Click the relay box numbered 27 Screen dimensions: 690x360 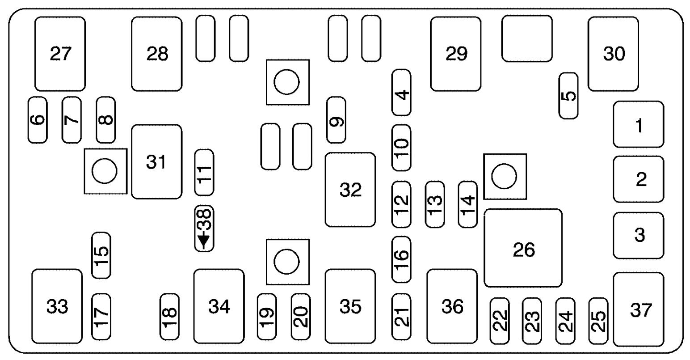(x=60, y=54)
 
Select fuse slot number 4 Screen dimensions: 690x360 (x=401, y=93)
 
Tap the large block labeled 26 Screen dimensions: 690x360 (x=523, y=248)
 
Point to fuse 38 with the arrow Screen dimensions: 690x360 (x=204, y=229)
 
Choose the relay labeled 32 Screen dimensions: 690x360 (x=350, y=190)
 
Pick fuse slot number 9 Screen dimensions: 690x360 (x=336, y=120)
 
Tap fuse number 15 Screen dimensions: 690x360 (x=101, y=255)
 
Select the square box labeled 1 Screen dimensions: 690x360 (x=639, y=124)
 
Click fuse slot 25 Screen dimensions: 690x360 (x=598, y=321)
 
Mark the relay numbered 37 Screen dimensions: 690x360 (x=639, y=309)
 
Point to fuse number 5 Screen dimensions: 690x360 (x=568, y=96)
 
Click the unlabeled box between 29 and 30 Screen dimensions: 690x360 (x=527, y=38)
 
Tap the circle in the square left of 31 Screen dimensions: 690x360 (x=105, y=171)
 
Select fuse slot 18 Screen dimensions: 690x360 (x=169, y=317)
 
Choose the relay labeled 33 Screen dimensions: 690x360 (x=57, y=306)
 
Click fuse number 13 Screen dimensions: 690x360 (x=435, y=204)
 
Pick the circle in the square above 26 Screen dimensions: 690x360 (x=504, y=176)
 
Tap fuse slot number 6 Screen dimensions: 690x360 (x=38, y=120)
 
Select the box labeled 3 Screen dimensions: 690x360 (x=639, y=236)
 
